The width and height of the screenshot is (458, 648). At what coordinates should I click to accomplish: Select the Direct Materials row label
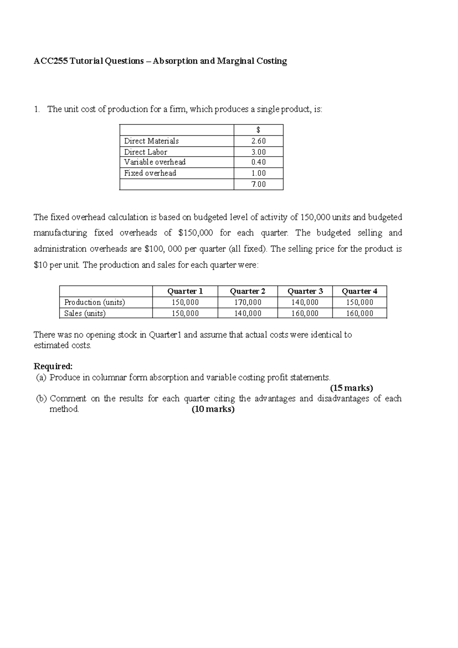[x=151, y=141]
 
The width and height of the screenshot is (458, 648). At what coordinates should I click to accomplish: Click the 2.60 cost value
[x=258, y=141]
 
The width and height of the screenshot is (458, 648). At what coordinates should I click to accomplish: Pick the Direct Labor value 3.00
[x=258, y=152]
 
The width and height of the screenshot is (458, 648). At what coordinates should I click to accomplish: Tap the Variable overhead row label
[x=155, y=162]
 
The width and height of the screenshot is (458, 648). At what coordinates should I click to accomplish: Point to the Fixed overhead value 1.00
[x=258, y=173]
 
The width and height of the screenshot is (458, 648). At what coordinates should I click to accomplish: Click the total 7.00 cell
[x=258, y=184]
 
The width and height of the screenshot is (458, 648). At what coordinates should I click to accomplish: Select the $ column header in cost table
[x=258, y=130]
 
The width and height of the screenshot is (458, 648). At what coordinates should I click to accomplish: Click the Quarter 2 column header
[x=247, y=291]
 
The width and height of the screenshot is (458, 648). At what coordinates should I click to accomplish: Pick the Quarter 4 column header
[x=359, y=291]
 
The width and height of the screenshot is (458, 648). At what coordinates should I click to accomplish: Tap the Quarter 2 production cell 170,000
[x=247, y=302]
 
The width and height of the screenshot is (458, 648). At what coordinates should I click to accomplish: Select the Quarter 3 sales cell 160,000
[x=305, y=313]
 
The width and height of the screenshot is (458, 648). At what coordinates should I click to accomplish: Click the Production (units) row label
[x=95, y=302]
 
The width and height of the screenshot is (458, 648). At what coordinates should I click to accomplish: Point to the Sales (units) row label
[x=85, y=313]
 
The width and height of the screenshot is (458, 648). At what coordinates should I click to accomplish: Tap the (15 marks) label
[x=351, y=388]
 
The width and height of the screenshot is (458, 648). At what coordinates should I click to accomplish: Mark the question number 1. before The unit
[x=37, y=109]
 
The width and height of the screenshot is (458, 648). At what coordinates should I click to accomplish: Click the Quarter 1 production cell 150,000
[x=185, y=302]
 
